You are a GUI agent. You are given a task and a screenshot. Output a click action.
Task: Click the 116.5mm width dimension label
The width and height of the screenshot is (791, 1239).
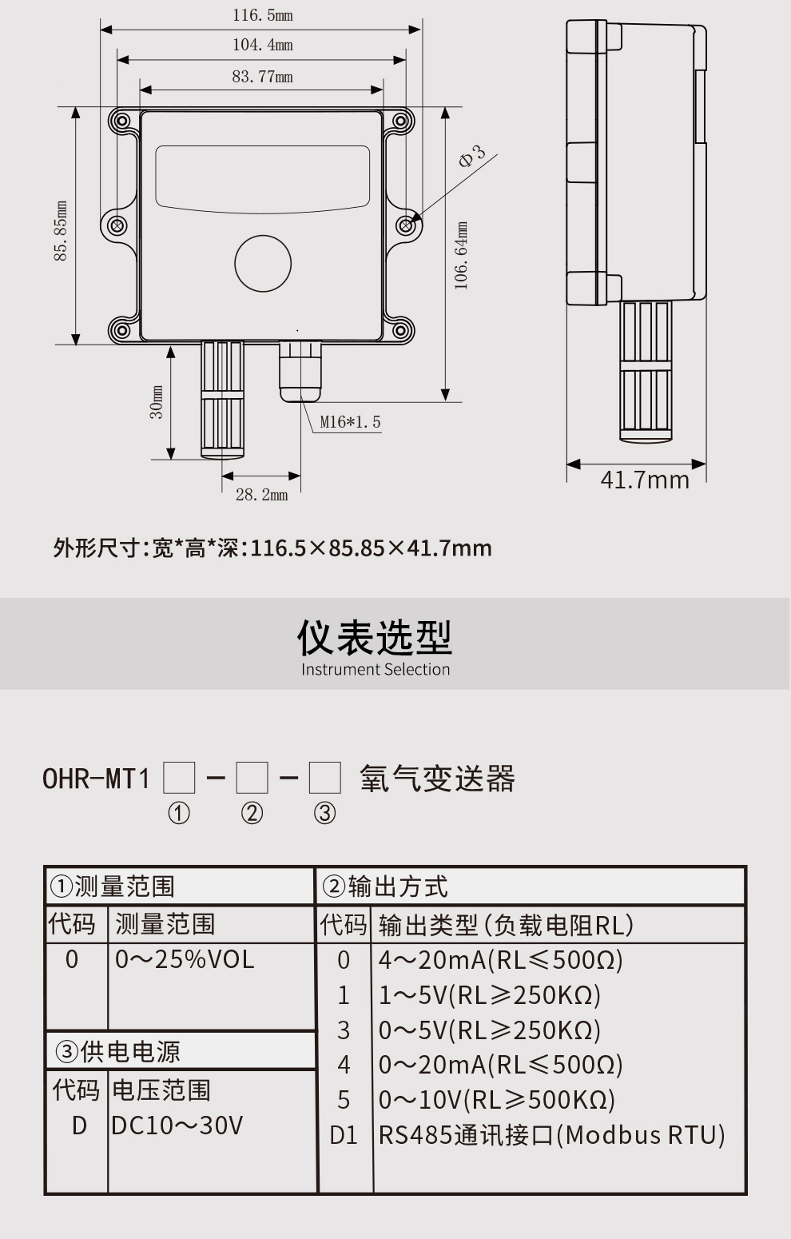point(262,15)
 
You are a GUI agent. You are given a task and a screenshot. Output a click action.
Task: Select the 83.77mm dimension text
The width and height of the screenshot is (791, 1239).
point(262,77)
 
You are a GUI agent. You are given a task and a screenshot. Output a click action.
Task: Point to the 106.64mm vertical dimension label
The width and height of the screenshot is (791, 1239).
point(461,256)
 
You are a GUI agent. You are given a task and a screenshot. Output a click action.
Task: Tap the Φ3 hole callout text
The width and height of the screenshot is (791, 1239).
point(471,156)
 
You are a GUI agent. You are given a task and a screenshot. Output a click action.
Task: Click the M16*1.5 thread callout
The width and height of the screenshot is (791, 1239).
point(350,422)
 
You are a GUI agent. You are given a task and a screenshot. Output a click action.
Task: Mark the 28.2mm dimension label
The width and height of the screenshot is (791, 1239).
point(261,495)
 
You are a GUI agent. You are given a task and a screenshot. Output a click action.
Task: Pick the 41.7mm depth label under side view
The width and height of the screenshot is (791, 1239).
point(644,480)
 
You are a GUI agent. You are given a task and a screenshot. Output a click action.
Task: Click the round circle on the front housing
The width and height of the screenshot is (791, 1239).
point(263,263)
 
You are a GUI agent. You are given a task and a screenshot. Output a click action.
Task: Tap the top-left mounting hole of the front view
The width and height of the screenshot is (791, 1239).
point(121,122)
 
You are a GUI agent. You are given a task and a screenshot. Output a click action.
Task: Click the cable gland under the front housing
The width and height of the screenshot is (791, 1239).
point(300,369)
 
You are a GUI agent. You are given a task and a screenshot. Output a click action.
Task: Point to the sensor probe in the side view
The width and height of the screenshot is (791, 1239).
point(645,372)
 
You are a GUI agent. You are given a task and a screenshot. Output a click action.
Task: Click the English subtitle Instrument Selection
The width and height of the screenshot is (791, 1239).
point(376,670)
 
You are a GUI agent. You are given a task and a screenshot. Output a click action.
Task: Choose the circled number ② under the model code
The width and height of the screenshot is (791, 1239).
point(252,814)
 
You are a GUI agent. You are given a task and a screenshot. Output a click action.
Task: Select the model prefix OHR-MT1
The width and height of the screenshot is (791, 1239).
point(96,778)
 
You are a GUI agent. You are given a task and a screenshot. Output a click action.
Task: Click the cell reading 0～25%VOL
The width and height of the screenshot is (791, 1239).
point(185,959)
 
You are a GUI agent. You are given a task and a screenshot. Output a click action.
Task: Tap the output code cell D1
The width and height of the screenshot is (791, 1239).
point(344,1135)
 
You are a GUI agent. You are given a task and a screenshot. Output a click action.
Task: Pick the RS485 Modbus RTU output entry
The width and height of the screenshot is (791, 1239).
point(551,1135)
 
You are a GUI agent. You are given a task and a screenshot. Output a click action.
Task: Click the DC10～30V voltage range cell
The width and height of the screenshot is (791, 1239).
point(177,1125)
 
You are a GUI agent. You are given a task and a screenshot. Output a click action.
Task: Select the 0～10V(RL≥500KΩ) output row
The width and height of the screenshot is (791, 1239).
point(496,1100)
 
